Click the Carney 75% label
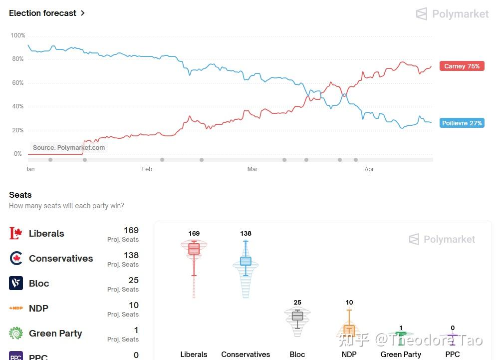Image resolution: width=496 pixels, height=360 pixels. click(462, 66)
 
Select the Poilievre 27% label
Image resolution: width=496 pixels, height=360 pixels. click(462, 123)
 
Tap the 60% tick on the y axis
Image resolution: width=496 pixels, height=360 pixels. click(17, 83)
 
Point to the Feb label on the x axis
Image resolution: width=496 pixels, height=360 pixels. click(147, 169)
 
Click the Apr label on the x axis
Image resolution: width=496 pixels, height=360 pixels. click(369, 169)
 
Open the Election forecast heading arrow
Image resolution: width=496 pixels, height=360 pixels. click(83, 13)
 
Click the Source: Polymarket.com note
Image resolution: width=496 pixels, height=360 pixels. click(69, 147)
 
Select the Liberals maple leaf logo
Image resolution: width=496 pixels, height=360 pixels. click(16, 233)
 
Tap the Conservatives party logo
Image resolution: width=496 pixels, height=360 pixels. click(16, 258)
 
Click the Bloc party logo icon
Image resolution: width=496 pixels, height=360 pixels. click(16, 283)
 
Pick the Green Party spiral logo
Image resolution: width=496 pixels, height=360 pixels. click(16, 333)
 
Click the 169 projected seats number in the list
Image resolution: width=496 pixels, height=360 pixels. click(131, 230)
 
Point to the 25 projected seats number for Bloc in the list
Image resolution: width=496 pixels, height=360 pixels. click(133, 280)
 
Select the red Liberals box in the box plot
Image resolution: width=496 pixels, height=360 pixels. click(194, 249)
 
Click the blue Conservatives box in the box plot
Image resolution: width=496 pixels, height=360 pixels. click(246, 261)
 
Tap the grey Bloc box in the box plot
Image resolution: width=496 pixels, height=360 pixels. click(297, 316)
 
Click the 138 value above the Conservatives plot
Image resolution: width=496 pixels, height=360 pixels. click(246, 233)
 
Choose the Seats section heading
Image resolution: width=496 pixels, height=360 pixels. click(20, 195)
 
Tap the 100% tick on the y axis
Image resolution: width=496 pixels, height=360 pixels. click(17, 35)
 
